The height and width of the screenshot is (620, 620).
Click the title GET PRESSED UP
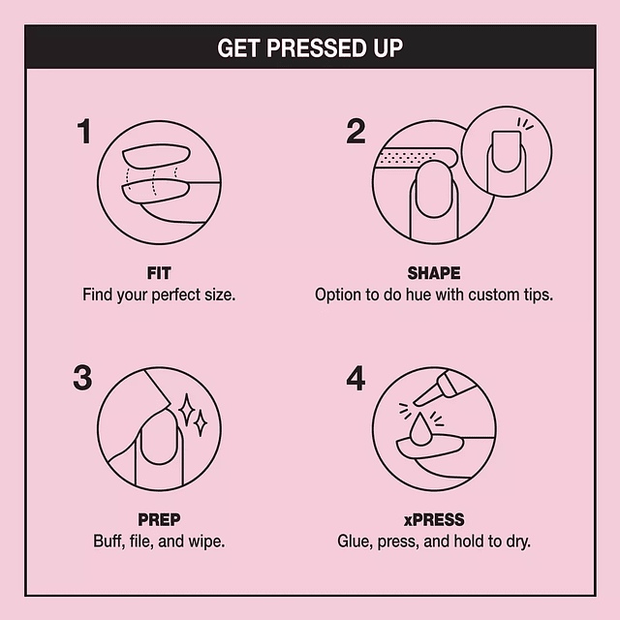coord(310,47)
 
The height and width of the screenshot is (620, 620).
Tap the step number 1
coord(85,132)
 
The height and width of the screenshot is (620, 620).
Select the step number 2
coord(356,132)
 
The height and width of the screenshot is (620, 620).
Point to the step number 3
coord(83,379)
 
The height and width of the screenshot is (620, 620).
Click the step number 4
coord(356,379)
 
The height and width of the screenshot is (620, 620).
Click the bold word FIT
coord(159,273)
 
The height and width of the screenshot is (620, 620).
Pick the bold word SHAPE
coord(433,273)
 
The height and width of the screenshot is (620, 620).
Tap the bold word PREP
coord(159,520)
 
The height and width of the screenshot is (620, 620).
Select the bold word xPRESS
coord(433,520)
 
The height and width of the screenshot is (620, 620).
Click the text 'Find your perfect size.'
coord(159,294)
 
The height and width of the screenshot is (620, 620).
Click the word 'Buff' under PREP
coord(108,541)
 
